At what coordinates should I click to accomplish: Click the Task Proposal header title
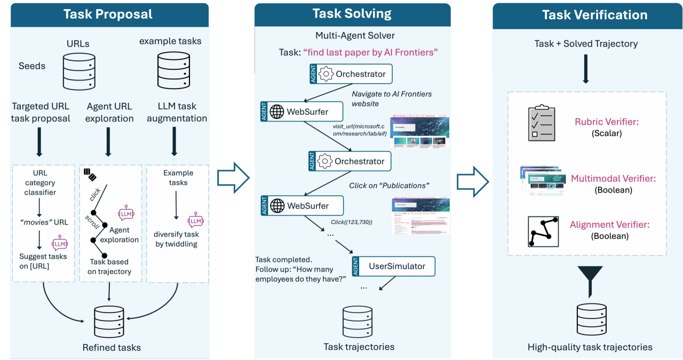(108, 14)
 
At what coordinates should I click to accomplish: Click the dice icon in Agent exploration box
(90, 174)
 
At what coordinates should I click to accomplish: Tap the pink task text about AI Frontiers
(370, 52)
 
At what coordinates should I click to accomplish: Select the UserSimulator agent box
(394, 266)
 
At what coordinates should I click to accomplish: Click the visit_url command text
(360, 129)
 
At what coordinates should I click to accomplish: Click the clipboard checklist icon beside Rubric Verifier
(541, 123)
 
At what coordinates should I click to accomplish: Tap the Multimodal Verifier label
(613, 178)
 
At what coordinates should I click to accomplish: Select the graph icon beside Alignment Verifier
(542, 231)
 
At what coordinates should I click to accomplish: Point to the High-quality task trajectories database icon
(590, 319)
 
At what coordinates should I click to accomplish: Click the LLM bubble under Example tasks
(196, 220)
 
